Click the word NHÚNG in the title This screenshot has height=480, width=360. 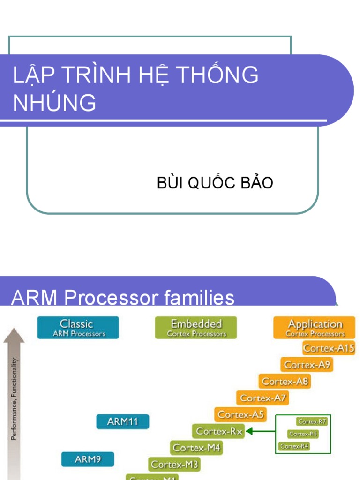pos(54,103)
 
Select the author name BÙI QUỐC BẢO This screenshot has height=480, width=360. pos(215,183)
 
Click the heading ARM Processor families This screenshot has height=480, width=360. pos(123,298)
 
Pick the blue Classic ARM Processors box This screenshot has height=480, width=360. pos(78,328)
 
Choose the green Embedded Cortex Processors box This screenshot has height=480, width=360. pos(196,328)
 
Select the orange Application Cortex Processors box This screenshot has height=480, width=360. pos(315,328)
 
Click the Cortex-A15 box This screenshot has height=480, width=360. pos(329,348)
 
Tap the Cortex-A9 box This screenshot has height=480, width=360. pos(307,365)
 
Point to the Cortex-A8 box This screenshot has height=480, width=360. pos(285,381)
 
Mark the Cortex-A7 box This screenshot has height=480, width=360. pos(262,398)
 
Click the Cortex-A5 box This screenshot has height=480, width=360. pos(241,414)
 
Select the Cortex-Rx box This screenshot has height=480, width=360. pos(219,431)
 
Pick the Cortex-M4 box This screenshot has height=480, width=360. pos(196,448)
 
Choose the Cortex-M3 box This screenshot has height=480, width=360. pos(174,465)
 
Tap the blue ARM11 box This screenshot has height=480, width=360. pos(122,421)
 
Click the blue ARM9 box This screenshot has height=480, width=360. pos(88,459)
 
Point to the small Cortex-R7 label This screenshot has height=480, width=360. pos(312,421)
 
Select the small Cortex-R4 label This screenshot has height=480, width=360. pos(294,446)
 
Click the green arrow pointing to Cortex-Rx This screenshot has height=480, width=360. pos(261,431)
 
